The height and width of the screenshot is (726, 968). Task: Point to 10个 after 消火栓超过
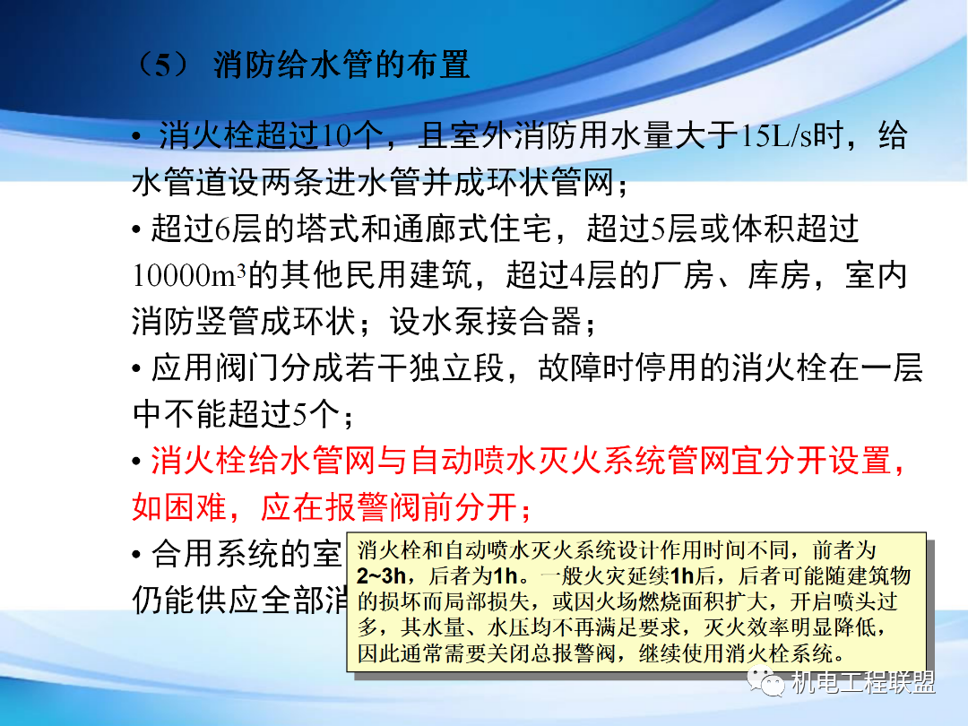[x=351, y=136]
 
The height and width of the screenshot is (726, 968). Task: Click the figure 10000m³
[x=189, y=275]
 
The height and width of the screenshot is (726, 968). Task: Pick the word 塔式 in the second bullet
[x=340, y=229]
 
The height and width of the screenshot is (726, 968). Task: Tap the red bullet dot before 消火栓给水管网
[x=136, y=462]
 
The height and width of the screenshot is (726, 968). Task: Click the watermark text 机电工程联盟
[x=864, y=683]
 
